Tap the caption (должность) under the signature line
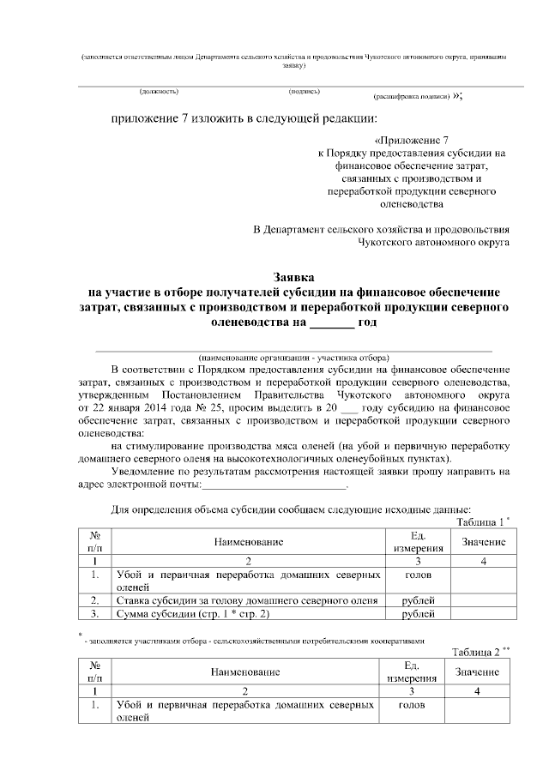(159, 90)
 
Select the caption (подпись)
(305, 90)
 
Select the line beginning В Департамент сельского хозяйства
(382, 229)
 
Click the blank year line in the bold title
(331, 324)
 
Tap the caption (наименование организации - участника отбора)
(294, 356)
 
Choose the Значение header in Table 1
(483, 542)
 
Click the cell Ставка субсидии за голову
(247, 600)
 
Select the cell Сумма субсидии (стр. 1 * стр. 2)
(193, 614)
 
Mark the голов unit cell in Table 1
(418, 574)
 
